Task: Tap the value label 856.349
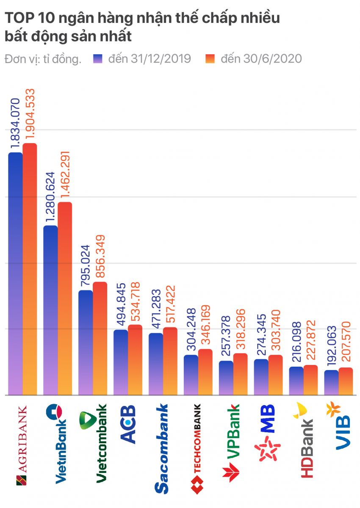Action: (x=100, y=257)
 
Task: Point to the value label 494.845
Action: (x=121, y=304)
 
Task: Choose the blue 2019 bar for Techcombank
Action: (x=191, y=375)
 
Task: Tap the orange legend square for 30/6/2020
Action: (x=210, y=59)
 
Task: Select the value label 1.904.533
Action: (x=30, y=114)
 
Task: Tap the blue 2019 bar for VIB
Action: (x=331, y=383)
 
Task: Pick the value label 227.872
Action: (x=310, y=341)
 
